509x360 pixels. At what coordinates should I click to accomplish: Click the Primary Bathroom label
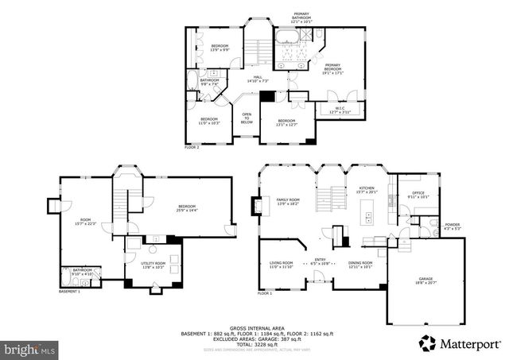point(301,17)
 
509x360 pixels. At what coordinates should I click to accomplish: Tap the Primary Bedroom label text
point(332,68)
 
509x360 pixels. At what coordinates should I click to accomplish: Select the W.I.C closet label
point(340,110)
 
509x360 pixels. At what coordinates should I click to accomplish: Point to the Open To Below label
point(247,118)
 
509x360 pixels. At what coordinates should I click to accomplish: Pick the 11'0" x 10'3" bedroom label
point(209,121)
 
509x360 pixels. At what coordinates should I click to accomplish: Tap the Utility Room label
point(154,265)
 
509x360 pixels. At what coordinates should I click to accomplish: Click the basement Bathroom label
point(83,272)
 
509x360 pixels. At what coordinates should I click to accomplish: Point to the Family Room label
point(288,202)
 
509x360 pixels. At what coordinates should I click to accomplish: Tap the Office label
point(418,195)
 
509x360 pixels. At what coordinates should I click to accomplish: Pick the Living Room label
point(282,265)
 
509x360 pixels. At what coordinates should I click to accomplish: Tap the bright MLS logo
point(29,348)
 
